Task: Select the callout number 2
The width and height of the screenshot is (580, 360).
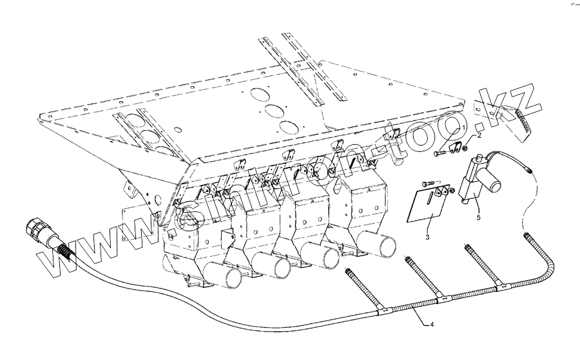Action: coord(478,137)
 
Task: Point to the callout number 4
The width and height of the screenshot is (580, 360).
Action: coord(432,325)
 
